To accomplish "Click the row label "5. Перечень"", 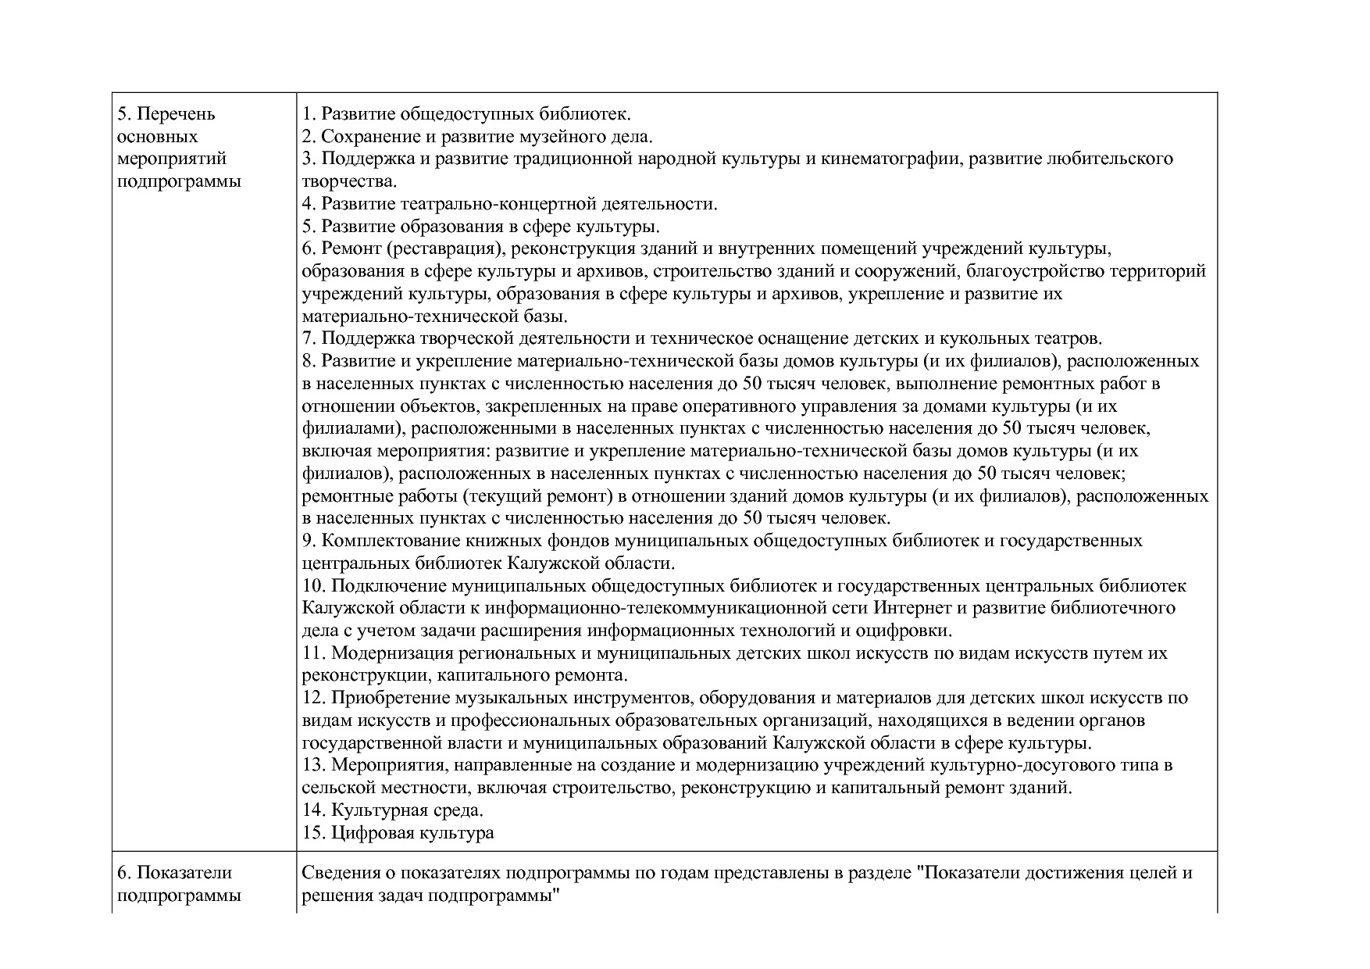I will [166, 114].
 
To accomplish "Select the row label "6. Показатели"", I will [174, 873].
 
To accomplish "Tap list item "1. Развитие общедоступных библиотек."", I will [466, 114].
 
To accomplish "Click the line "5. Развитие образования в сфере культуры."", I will [480, 227].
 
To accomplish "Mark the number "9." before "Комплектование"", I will [309, 541].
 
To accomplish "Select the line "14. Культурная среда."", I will [393, 810].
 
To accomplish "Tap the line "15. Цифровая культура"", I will [398, 833].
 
